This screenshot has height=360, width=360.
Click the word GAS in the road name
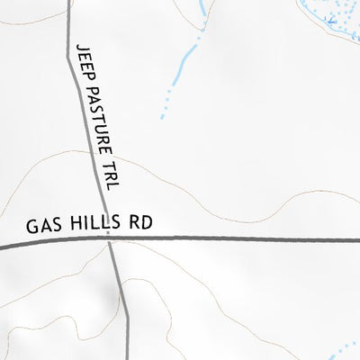[40, 226]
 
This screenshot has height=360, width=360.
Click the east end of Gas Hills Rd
[357, 239]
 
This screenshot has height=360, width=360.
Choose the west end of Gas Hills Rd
[3, 246]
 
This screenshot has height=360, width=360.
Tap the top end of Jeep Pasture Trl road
[70, 3]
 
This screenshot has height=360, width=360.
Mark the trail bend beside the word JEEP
[69, 58]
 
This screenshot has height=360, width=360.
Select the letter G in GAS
[31, 227]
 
